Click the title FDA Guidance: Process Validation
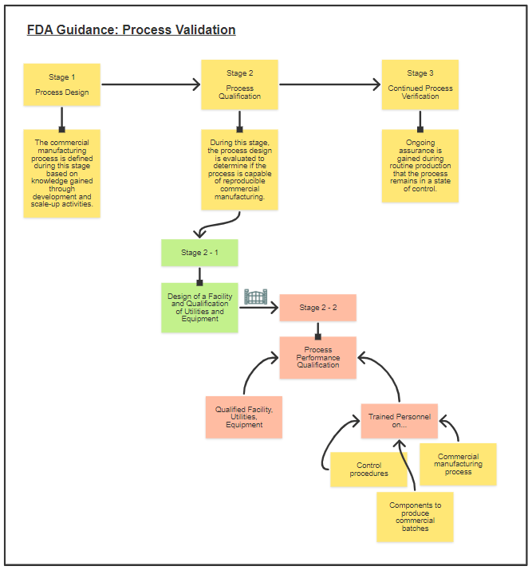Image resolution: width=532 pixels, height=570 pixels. pyautogui.click(x=131, y=30)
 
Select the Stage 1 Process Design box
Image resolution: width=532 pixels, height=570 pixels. pyautogui.click(x=61, y=85)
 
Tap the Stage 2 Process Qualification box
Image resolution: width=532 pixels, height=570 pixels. pyautogui.click(x=239, y=85)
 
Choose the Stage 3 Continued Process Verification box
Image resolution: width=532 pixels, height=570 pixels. pyautogui.click(x=420, y=85)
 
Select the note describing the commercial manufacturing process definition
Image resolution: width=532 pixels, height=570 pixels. pyautogui.click(x=61, y=173)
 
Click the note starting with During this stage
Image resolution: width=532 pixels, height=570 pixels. pyautogui.click(x=239, y=170)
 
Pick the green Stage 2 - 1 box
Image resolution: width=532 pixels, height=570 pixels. pyautogui.click(x=199, y=253)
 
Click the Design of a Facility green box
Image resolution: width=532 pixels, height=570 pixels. pyautogui.click(x=199, y=307)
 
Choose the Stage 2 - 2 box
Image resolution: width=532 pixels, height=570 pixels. pyautogui.click(x=317, y=308)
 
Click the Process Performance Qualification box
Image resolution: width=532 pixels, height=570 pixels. pyautogui.click(x=317, y=356)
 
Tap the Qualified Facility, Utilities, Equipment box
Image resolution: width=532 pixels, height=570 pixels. pyautogui.click(x=243, y=417)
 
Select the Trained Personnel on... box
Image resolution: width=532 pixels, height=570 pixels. pyautogui.click(x=399, y=420)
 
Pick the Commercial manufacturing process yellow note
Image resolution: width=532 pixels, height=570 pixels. pyautogui.click(x=458, y=464)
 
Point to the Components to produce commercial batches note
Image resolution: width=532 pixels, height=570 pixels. pyautogui.click(x=415, y=516)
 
